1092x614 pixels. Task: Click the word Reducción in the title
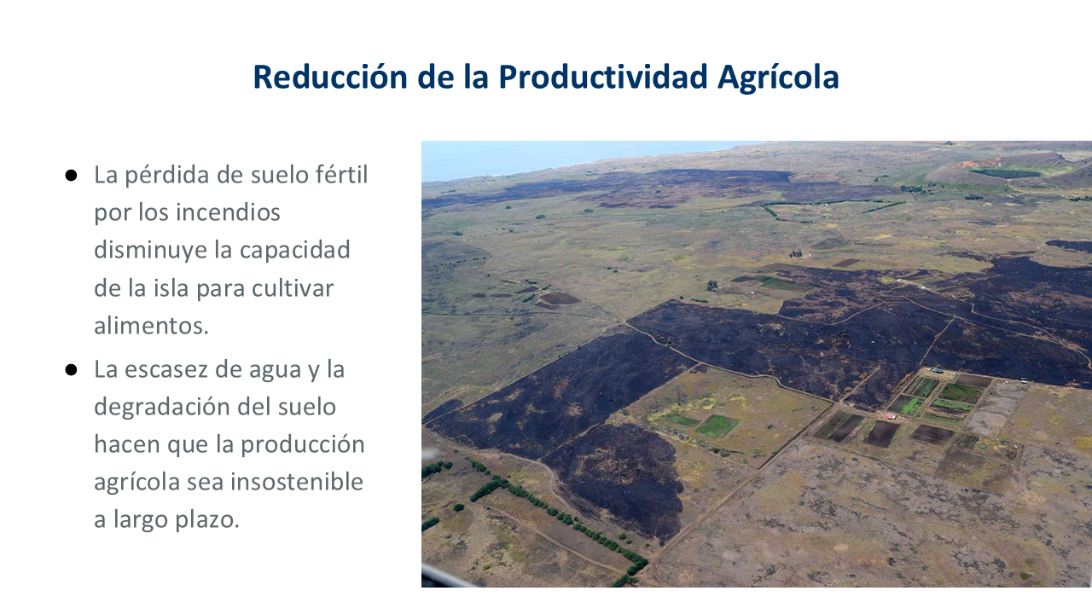click(x=330, y=77)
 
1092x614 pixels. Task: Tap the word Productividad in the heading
click(x=602, y=77)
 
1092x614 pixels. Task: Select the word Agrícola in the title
click(x=778, y=78)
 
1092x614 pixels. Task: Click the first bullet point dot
click(x=71, y=176)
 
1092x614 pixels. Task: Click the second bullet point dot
click(x=71, y=370)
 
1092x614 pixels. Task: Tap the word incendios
click(x=228, y=212)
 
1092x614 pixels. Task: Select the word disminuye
click(x=149, y=251)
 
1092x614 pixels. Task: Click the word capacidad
click(x=295, y=251)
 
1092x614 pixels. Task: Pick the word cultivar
click(x=293, y=288)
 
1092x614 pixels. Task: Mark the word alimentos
click(x=151, y=326)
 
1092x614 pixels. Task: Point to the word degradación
click(x=176, y=408)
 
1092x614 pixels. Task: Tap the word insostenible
click(x=297, y=482)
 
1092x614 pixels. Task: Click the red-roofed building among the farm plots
click(x=891, y=417)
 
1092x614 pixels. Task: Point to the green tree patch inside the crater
click(x=1005, y=173)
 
